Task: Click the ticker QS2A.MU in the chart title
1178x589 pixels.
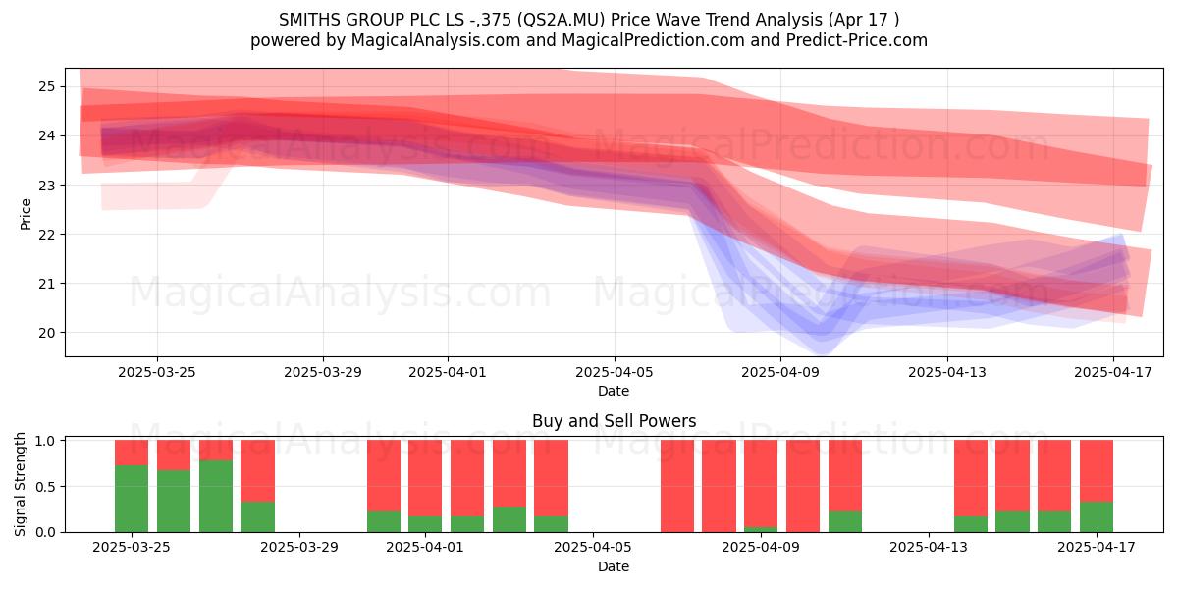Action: coord(561,20)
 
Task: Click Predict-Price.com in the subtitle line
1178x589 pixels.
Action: coord(857,40)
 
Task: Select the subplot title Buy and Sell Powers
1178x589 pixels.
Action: coord(614,421)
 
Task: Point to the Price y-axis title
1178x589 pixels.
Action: coord(26,214)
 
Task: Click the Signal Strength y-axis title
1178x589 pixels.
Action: coord(20,484)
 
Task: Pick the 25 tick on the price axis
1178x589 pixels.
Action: coord(47,86)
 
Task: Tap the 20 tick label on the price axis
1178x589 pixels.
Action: coord(47,333)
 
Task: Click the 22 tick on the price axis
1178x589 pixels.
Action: coord(47,234)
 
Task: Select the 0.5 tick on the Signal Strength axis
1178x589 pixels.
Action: coord(45,487)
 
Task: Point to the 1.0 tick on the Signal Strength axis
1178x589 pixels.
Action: coord(45,441)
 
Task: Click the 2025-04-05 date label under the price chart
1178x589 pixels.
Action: coord(615,372)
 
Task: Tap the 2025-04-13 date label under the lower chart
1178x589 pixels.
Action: coord(929,547)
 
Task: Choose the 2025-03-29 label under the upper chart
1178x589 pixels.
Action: coord(323,372)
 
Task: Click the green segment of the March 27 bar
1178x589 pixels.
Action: coord(216,496)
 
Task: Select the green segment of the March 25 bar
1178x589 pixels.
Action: coord(132,499)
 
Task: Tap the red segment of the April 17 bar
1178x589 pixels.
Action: coord(1097,470)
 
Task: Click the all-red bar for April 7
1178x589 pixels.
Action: coord(677,486)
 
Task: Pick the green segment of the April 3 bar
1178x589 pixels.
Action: coord(509,519)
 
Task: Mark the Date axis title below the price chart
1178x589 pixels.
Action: coord(614,391)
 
